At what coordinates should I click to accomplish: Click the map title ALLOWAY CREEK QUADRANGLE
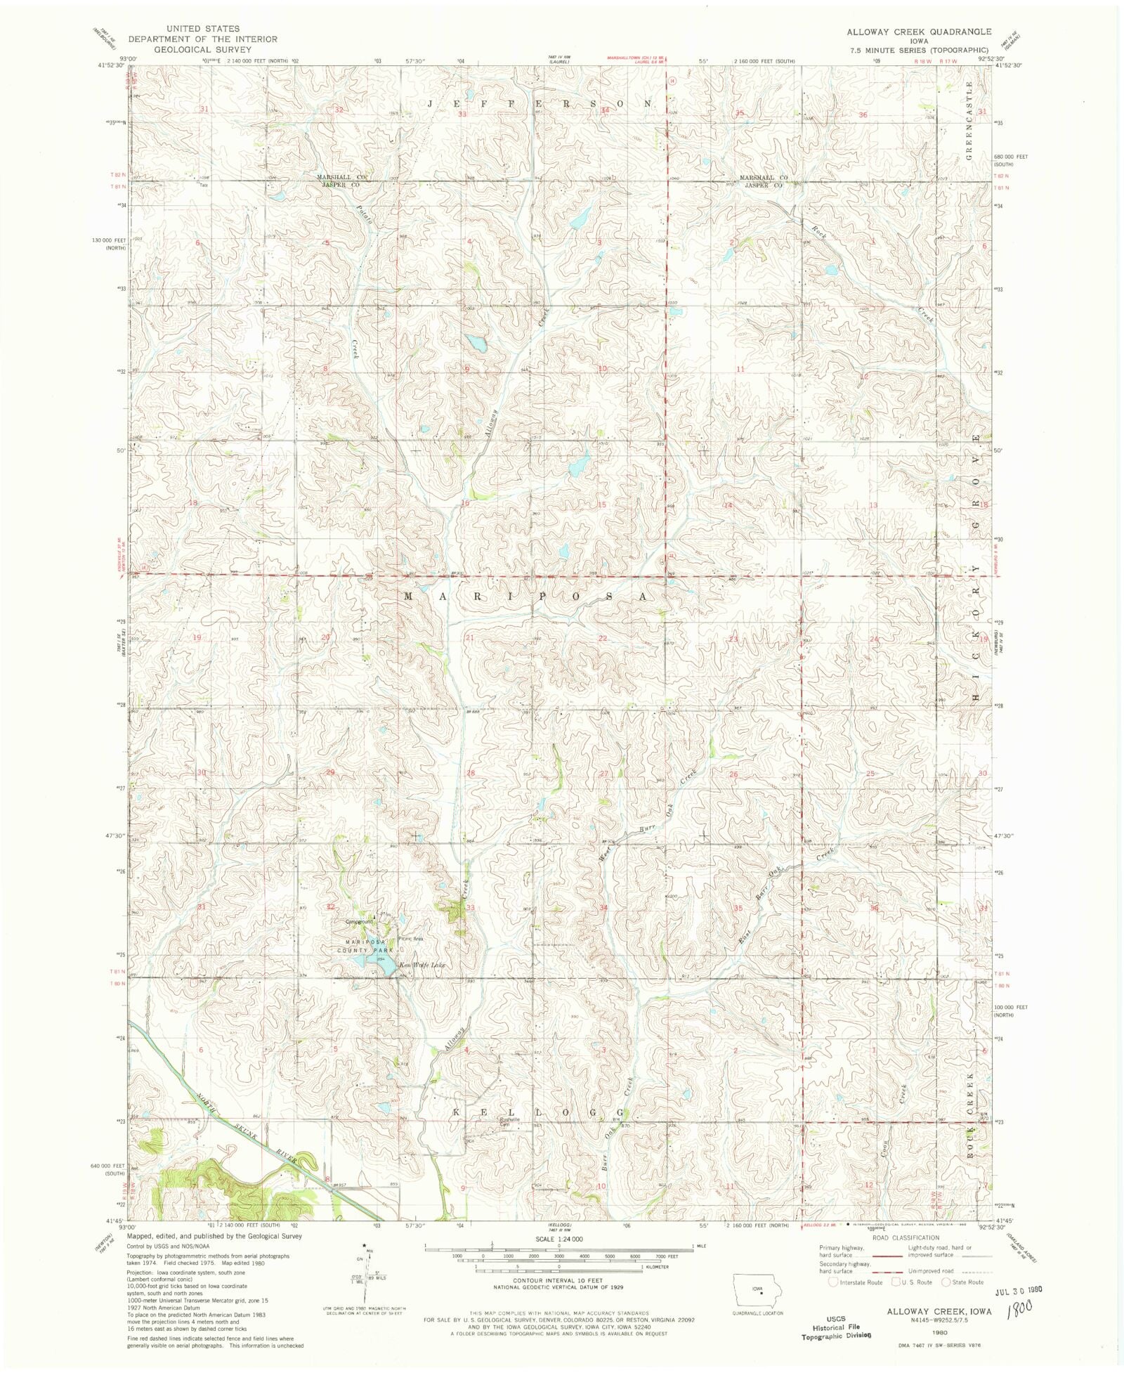tap(918, 32)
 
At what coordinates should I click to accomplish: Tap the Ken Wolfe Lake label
tap(422, 965)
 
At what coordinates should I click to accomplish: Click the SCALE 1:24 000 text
tap(558, 1239)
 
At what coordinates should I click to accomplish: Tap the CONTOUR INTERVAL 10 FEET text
tap(558, 1281)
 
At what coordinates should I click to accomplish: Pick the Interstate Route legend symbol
tap(832, 1282)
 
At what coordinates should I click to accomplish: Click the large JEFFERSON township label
tap(541, 103)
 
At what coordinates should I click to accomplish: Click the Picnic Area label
tap(411, 938)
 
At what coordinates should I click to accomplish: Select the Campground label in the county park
tap(358, 922)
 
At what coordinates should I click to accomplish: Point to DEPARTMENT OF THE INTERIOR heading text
tap(202, 39)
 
